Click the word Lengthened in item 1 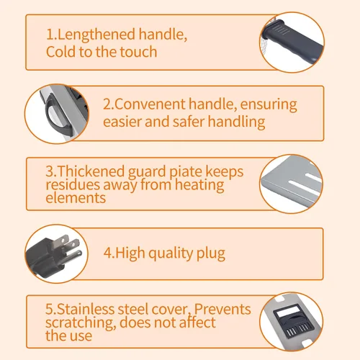(x=96, y=35)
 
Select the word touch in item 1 (x=138, y=52)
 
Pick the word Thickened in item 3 (x=91, y=171)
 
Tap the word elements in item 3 (x=76, y=198)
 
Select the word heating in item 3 (x=199, y=185)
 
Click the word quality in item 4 (x=171, y=254)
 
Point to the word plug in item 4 (x=211, y=254)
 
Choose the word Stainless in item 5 (x=86, y=309)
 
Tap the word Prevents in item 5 (x=222, y=309)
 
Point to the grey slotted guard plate (x=292, y=184)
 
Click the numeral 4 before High (x=107, y=253)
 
